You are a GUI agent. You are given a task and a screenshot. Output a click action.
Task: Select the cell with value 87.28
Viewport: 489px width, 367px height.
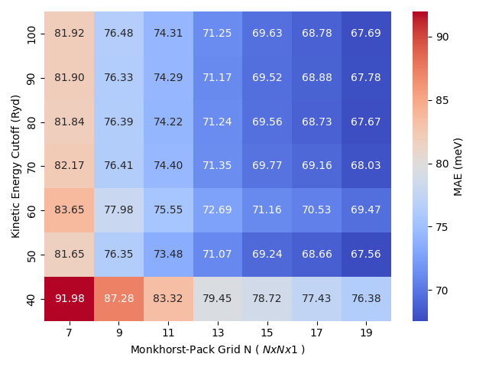pyautogui.click(x=118, y=299)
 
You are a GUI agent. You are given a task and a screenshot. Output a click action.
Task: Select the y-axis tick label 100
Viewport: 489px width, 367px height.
pyautogui.click(x=31, y=34)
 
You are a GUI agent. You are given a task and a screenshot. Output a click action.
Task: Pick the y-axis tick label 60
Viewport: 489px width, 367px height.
pyautogui.click(x=31, y=210)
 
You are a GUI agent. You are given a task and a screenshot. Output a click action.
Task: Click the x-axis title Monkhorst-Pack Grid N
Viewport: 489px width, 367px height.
pyautogui.click(x=218, y=349)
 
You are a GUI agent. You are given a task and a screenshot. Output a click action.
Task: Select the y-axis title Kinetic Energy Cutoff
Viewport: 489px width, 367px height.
pyautogui.click(x=15, y=166)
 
